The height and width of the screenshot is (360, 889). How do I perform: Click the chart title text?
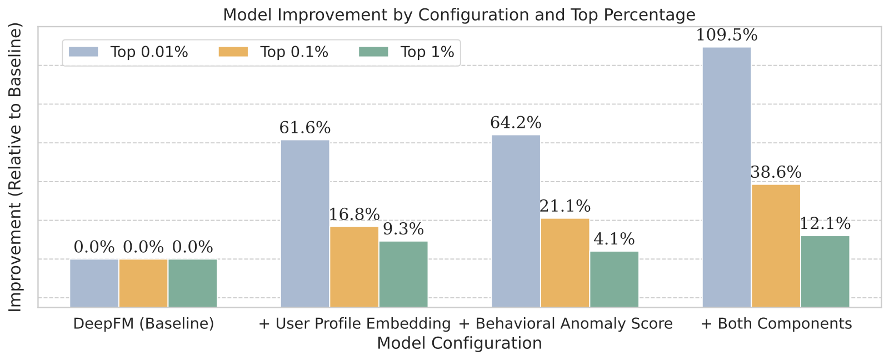[x=459, y=15]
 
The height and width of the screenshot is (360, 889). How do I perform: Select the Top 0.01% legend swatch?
[x=83, y=52]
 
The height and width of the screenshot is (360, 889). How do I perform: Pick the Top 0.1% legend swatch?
[x=233, y=52]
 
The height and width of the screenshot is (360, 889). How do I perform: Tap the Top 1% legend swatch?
[x=373, y=52]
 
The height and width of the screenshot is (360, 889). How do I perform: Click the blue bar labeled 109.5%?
[x=727, y=177]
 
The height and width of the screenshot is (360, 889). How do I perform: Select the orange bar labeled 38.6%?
[x=776, y=246]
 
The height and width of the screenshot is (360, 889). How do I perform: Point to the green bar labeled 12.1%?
[x=825, y=272]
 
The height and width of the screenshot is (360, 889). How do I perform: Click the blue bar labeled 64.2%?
[x=516, y=221]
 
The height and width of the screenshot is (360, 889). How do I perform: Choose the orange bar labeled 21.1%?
[x=565, y=263]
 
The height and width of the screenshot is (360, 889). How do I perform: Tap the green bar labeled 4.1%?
[x=615, y=279]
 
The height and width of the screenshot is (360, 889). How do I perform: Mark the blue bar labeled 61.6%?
[x=305, y=223]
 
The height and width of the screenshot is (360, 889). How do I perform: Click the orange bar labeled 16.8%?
[x=354, y=267]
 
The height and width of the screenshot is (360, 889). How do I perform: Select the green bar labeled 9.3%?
[x=403, y=274]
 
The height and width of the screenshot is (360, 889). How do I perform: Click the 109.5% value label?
[x=727, y=36]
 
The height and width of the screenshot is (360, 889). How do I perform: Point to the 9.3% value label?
[x=403, y=229]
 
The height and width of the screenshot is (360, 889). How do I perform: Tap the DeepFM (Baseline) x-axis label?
[x=144, y=324]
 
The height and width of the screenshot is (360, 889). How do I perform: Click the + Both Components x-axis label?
[x=776, y=324]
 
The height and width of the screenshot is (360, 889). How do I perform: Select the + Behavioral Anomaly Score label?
[x=566, y=324]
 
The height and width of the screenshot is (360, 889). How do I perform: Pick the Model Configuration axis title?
[x=459, y=343]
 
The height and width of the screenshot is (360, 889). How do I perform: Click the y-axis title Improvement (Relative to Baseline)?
[x=15, y=167]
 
